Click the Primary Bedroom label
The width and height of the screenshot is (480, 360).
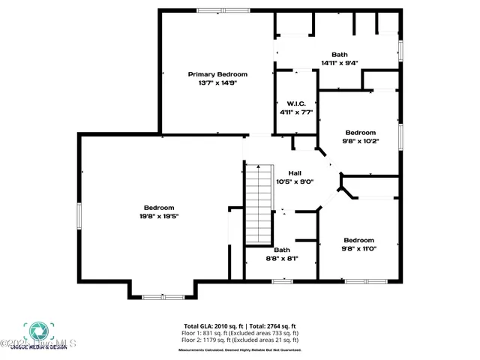217,74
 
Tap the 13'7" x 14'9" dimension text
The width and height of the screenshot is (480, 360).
217,83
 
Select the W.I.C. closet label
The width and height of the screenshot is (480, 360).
295,103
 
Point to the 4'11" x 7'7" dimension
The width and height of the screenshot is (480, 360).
295,112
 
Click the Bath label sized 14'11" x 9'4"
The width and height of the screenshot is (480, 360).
340,54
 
